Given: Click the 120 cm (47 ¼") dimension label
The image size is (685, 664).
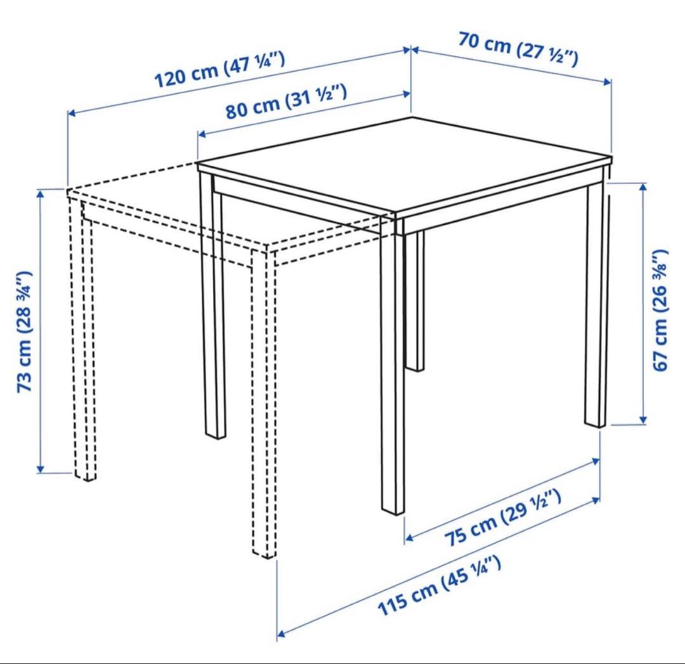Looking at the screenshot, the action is pos(220,70).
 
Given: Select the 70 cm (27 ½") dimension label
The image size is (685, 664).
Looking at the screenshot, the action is pos(518,48).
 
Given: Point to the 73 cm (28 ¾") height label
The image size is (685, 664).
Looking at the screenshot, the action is pos(25,332).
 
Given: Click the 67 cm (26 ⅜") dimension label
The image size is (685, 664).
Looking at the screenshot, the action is pos(660,310).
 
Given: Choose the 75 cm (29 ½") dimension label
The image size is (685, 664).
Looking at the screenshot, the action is pos(503,518).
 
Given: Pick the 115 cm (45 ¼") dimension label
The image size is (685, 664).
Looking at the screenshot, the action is pos(439,586).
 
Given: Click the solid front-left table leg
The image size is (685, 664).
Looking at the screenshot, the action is pos(212,306).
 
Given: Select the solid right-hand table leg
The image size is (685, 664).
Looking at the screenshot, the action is pos(596,306).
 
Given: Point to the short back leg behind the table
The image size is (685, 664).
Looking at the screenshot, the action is pos(415,301).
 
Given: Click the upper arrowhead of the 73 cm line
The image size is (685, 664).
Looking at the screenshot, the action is pos(41,193).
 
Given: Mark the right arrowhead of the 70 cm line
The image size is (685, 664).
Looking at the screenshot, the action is pos(607,82).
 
